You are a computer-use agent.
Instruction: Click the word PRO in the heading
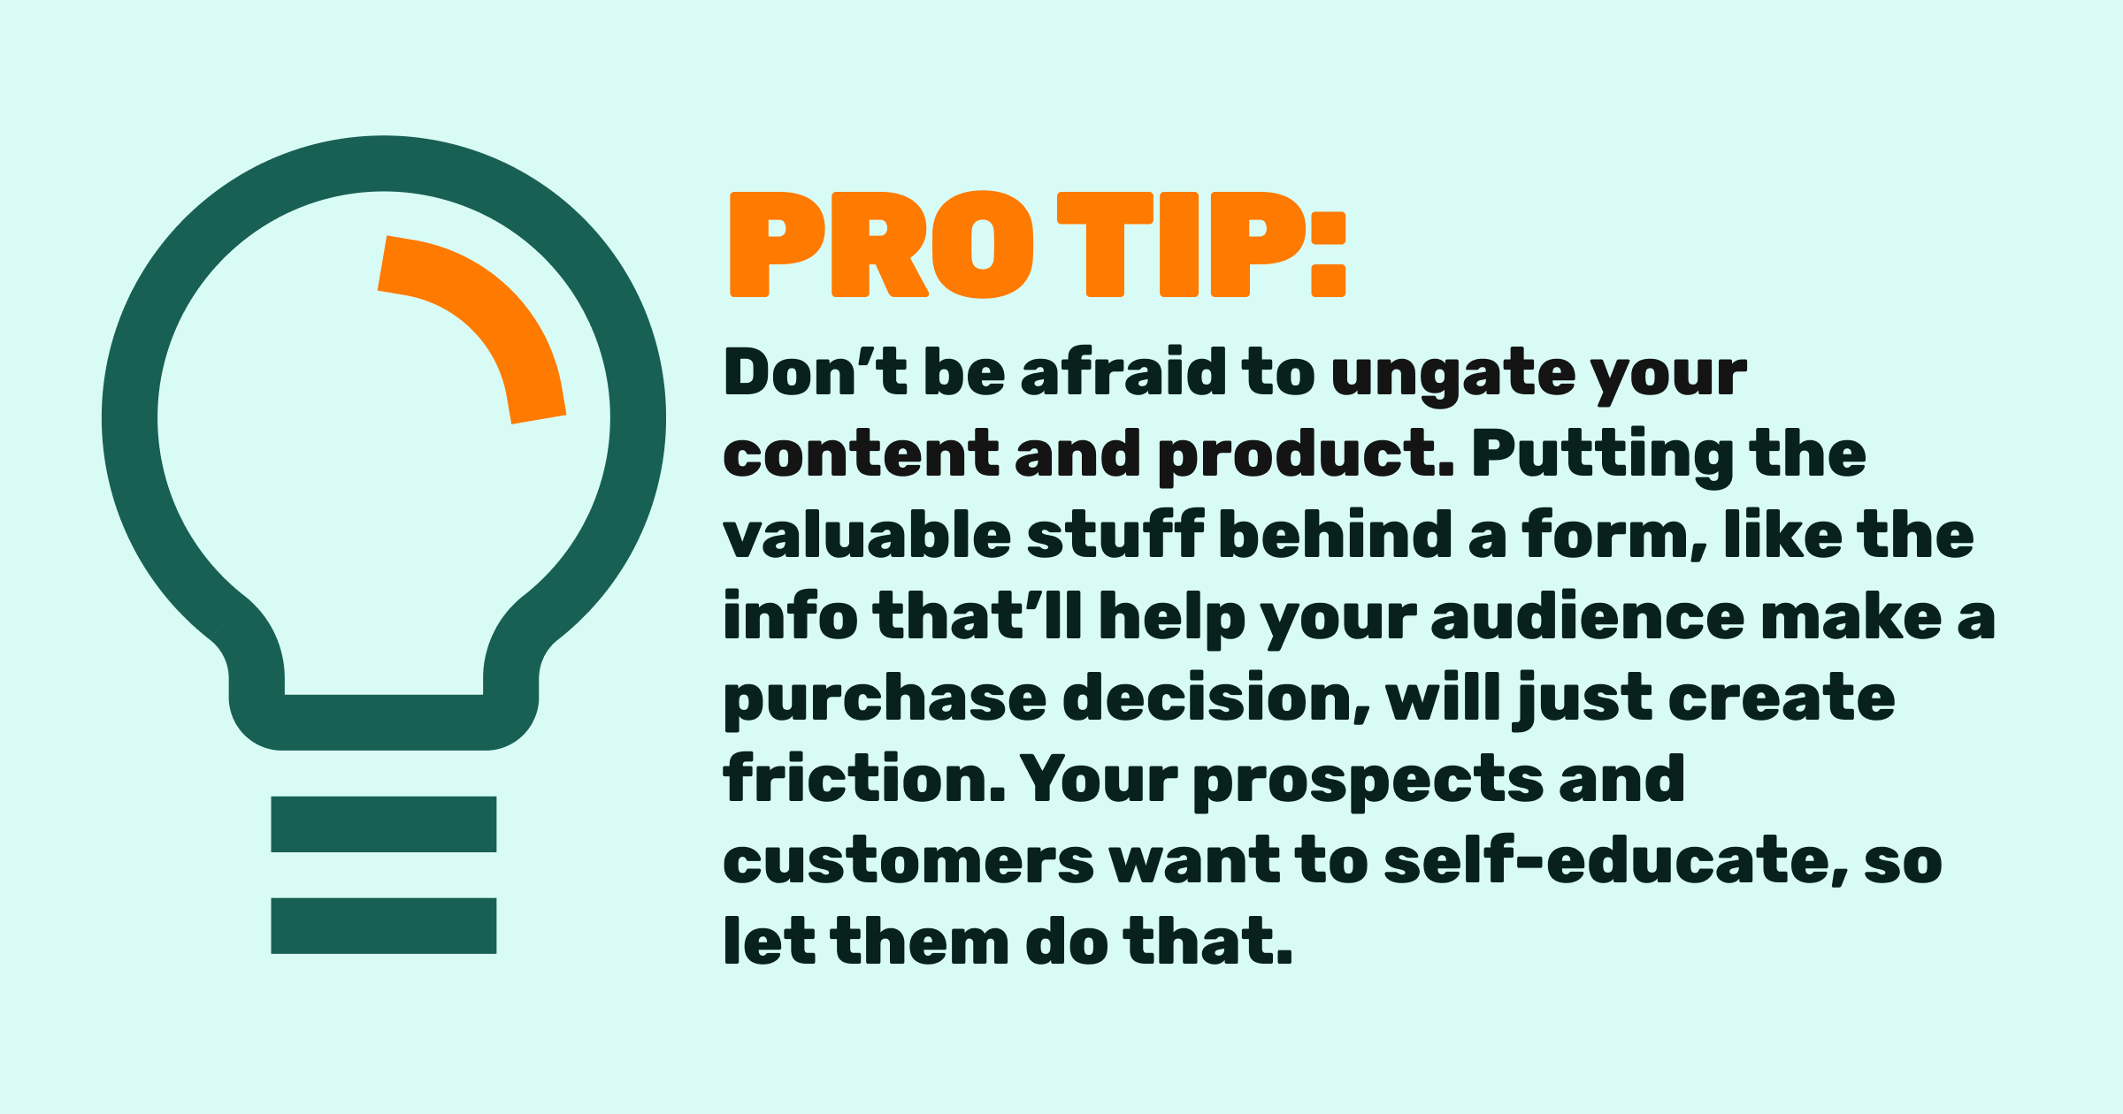click(x=881, y=245)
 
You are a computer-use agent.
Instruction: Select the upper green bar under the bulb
click(x=384, y=824)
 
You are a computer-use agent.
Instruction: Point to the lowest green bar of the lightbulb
click(x=384, y=926)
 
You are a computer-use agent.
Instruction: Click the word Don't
click(x=815, y=372)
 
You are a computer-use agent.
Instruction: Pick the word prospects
click(x=1368, y=783)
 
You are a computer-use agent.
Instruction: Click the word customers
click(x=908, y=862)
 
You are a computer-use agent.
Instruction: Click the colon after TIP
click(x=1328, y=254)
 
